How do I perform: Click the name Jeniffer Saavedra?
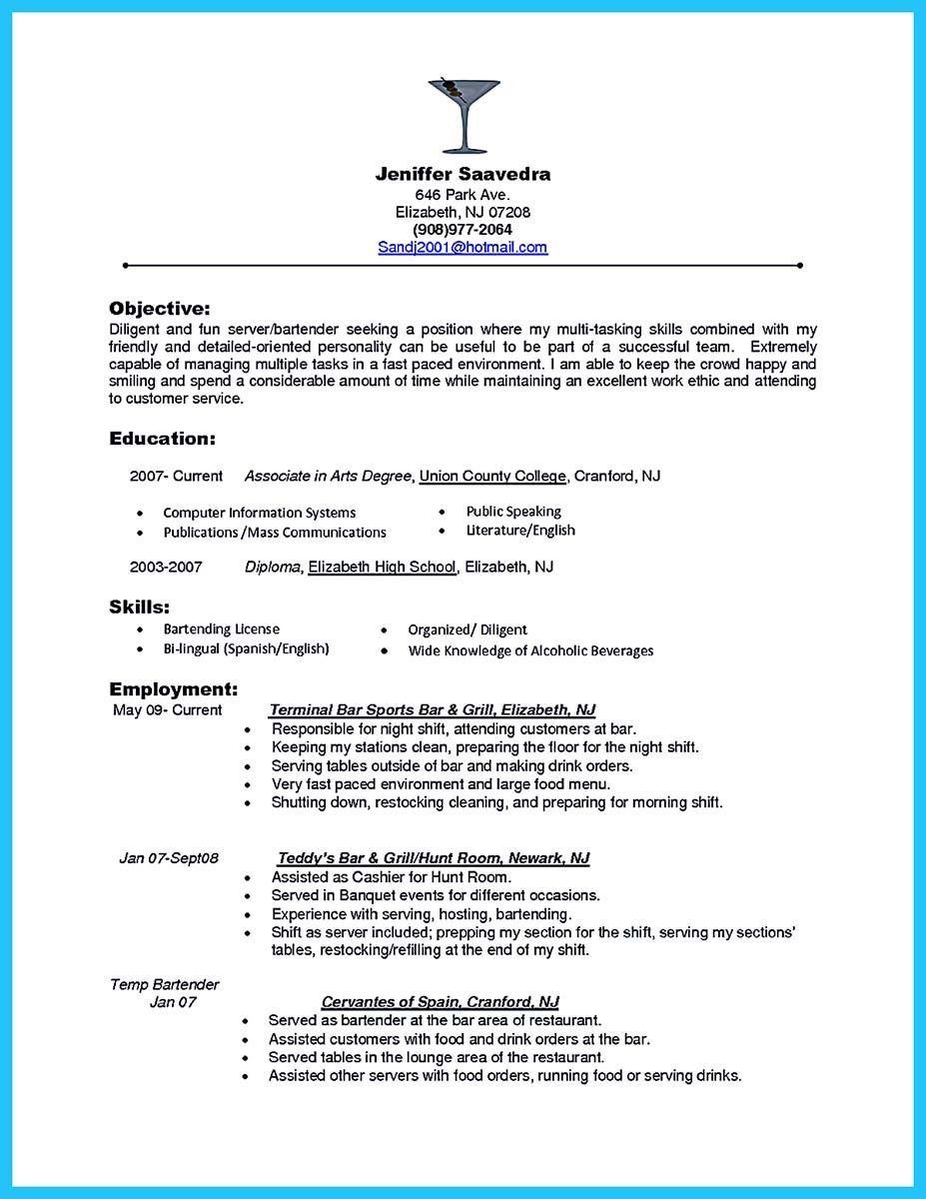pos(463,174)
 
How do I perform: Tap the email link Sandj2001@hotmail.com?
pos(463,247)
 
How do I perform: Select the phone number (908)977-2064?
pos(463,230)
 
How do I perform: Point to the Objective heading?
pos(160,308)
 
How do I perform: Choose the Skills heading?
pos(139,606)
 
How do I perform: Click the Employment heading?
pos(173,689)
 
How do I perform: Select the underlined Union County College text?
pos(492,477)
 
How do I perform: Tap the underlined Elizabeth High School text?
pos(382,567)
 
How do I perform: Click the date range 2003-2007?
pos(166,567)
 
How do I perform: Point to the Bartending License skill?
pos(221,629)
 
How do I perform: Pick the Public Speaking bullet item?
pos(513,512)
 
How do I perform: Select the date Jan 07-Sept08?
pos(169,858)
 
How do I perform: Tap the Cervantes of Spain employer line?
pos(440,1001)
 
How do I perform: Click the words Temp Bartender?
pos(164,984)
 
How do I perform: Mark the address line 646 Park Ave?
pos(463,194)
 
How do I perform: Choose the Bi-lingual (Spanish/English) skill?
pos(246,649)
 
